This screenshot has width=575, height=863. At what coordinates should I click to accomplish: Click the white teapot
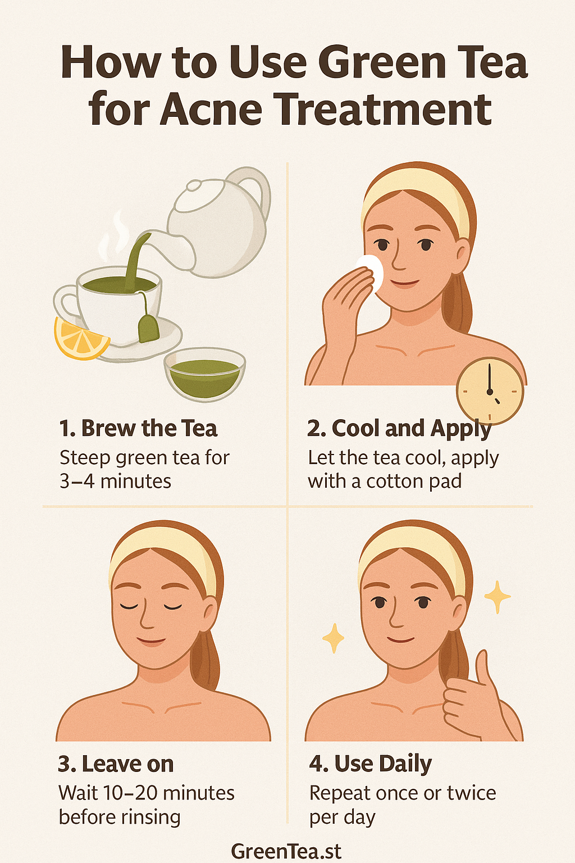pos(222,222)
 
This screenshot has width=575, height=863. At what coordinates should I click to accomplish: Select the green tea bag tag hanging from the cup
pos(148,329)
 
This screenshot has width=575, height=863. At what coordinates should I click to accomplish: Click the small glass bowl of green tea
pos(204,374)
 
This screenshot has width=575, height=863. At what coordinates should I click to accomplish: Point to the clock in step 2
pos(490,390)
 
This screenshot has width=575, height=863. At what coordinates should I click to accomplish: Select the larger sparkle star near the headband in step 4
pos(497,597)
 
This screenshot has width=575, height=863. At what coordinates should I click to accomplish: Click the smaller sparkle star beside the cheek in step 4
pos(333,638)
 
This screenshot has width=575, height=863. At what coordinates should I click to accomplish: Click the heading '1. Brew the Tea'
pos(138,429)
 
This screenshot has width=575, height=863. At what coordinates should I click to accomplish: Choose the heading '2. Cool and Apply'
pos(399,429)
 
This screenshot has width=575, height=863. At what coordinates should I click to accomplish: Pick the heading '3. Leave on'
pos(116,764)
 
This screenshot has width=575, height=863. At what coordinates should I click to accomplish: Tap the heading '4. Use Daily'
pos(371,764)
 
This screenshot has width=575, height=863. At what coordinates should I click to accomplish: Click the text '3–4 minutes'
pos(115,482)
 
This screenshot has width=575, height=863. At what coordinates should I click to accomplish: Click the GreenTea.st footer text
pos(286,851)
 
